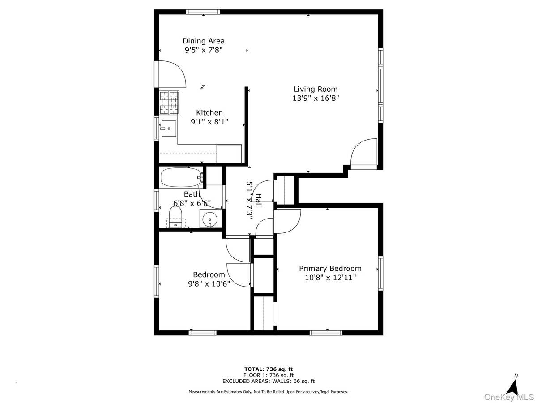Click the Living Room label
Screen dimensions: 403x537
tap(315, 89)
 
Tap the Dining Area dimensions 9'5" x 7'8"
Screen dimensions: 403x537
tap(204, 51)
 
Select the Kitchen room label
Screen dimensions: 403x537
tap(209, 113)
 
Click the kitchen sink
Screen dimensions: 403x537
tap(169, 129)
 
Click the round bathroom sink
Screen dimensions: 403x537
tap(209, 220)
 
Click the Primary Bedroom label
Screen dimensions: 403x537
tap(330, 269)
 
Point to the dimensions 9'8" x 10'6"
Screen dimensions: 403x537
tap(209, 283)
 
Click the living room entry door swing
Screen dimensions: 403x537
tap(363, 153)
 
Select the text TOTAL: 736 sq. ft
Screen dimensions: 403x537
tap(268, 369)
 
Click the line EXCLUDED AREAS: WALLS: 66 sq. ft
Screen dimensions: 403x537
tap(268, 382)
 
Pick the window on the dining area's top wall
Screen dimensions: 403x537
tap(203, 12)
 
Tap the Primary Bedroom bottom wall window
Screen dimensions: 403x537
tap(326, 333)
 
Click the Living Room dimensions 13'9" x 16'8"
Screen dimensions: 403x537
tap(315, 98)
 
